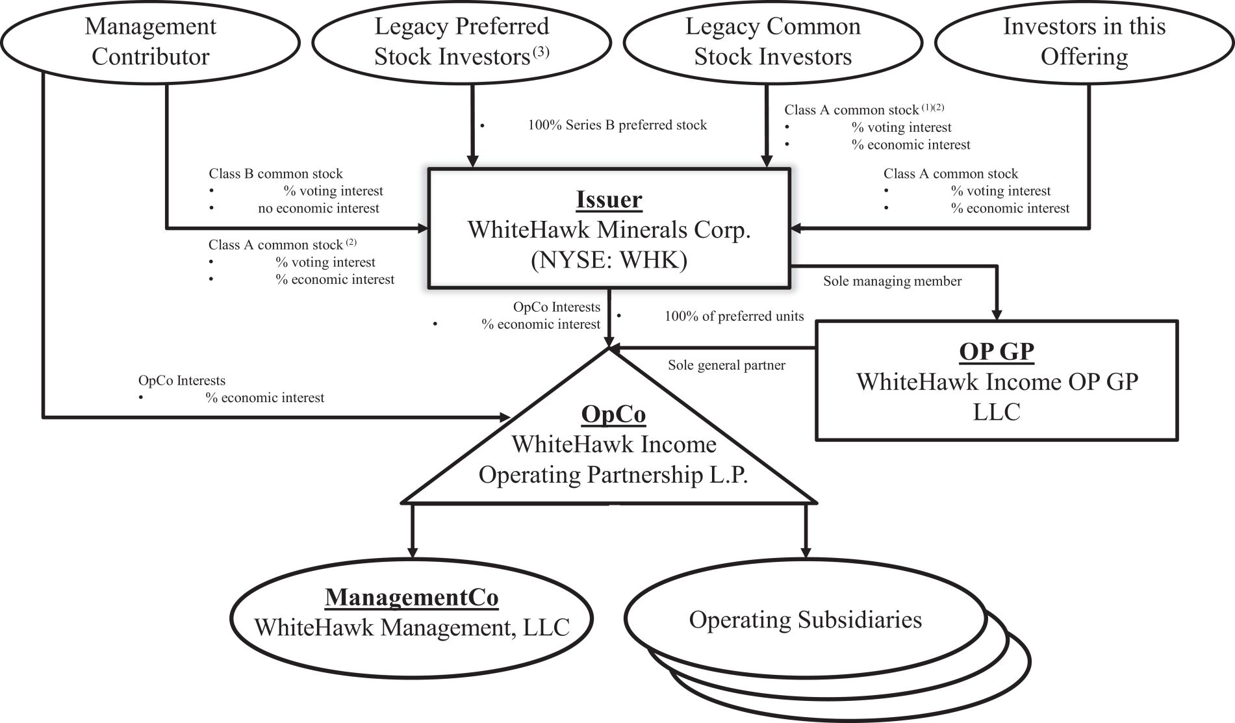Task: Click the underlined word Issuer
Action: [609, 199]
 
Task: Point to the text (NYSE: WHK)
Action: [609, 260]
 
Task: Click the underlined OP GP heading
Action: [997, 351]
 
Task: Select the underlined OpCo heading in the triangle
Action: [613, 414]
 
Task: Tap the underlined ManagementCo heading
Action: [412, 597]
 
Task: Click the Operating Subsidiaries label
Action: [806, 619]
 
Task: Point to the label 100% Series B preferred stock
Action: [617, 125]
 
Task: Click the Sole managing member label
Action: [893, 281]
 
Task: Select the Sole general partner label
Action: [726, 365]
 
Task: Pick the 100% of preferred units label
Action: [734, 316]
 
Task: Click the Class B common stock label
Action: [275, 173]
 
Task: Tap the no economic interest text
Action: [318, 209]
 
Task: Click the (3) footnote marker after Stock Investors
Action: [541, 53]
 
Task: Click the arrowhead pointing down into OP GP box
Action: [997, 313]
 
